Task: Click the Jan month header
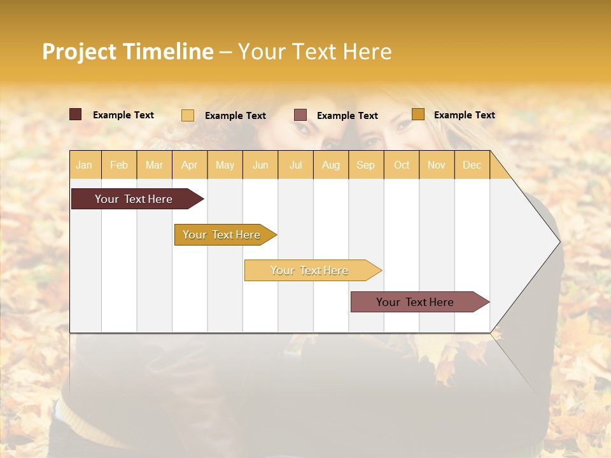pyautogui.click(x=85, y=165)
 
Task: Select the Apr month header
pyautogui.click(x=190, y=165)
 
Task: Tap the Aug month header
pyautogui.click(x=330, y=165)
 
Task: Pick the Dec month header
pyautogui.click(x=472, y=165)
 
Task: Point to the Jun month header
pyautogui.click(x=260, y=165)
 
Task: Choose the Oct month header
pyautogui.click(x=402, y=165)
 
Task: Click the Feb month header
pyautogui.click(x=119, y=165)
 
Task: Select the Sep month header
pyautogui.click(x=366, y=165)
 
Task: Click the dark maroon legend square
pyautogui.click(x=76, y=114)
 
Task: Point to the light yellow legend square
pyautogui.click(x=188, y=115)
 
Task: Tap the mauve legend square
pyautogui.click(x=300, y=115)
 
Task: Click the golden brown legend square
pyautogui.click(x=418, y=114)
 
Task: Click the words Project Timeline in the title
pyautogui.click(x=128, y=52)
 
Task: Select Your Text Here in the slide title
pyautogui.click(x=314, y=52)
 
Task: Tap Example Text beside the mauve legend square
pyautogui.click(x=348, y=116)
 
